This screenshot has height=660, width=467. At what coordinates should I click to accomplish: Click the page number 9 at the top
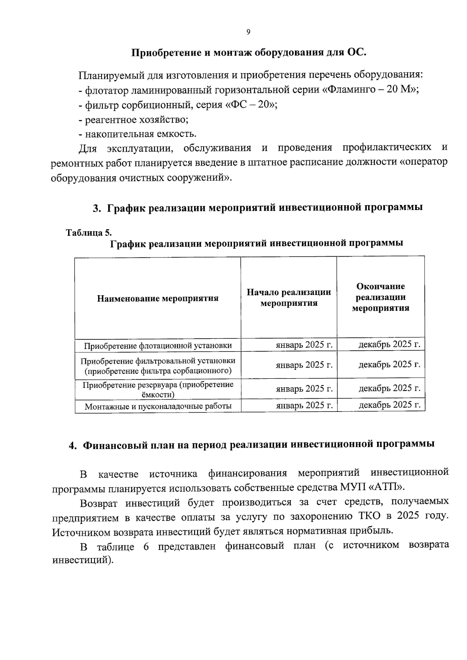[x=248, y=32]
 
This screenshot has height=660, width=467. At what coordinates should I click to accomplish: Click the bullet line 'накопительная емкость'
[x=137, y=134]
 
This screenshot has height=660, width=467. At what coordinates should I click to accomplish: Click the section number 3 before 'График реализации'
[x=96, y=208]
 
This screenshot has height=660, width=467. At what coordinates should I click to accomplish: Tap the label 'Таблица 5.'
[x=89, y=233]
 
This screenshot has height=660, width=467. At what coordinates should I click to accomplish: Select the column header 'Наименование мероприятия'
[x=158, y=298]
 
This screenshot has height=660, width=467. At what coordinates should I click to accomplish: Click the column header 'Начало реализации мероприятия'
[x=289, y=298]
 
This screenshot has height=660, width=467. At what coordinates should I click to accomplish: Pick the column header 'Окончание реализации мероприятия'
[x=381, y=297]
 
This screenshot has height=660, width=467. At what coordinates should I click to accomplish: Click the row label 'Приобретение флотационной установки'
[x=158, y=345]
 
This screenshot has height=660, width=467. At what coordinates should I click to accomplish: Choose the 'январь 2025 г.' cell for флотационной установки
[x=304, y=345]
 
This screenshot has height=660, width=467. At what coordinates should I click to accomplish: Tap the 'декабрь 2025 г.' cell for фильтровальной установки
[x=389, y=364]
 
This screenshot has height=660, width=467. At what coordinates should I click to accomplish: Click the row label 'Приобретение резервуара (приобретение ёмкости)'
[x=158, y=389]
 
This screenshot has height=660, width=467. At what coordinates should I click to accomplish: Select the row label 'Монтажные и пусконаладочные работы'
[x=158, y=406]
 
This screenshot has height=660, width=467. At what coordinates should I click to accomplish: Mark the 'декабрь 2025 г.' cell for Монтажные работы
[x=389, y=405]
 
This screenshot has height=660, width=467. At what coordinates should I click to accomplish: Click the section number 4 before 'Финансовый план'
[x=72, y=446]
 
